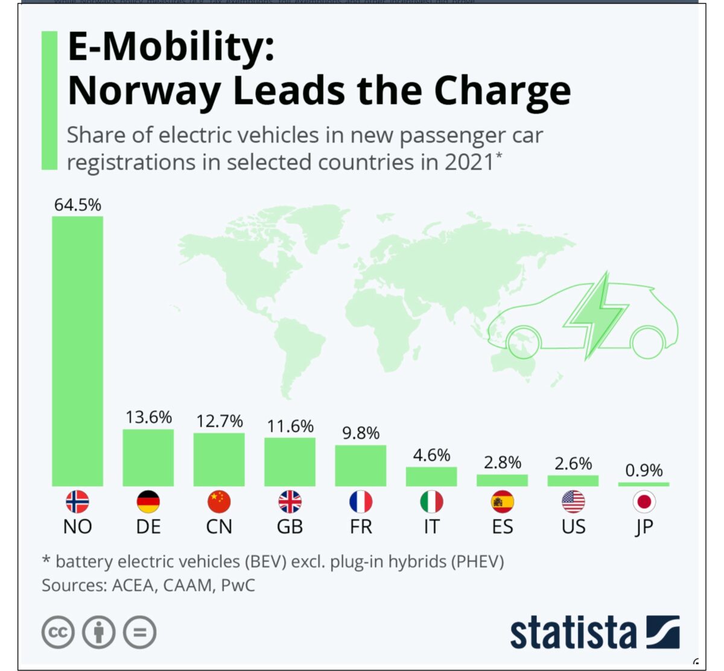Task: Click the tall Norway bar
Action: (x=77, y=350)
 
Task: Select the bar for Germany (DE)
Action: (x=148, y=457)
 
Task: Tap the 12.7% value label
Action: (x=219, y=421)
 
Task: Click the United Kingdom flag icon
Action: (x=290, y=501)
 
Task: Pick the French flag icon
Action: (x=361, y=501)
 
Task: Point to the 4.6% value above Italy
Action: (x=431, y=455)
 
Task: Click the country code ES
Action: (x=502, y=527)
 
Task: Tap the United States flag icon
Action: (x=573, y=501)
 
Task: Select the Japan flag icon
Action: (x=644, y=501)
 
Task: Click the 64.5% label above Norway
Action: (x=77, y=205)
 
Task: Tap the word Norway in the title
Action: (x=144, y=91)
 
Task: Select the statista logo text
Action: (x=573, y=633)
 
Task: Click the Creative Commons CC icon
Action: (x=58, y=632)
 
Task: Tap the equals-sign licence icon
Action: (x=139, y=632)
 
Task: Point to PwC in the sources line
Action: (x=238, y=585)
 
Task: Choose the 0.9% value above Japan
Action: (x=644, y=470)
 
